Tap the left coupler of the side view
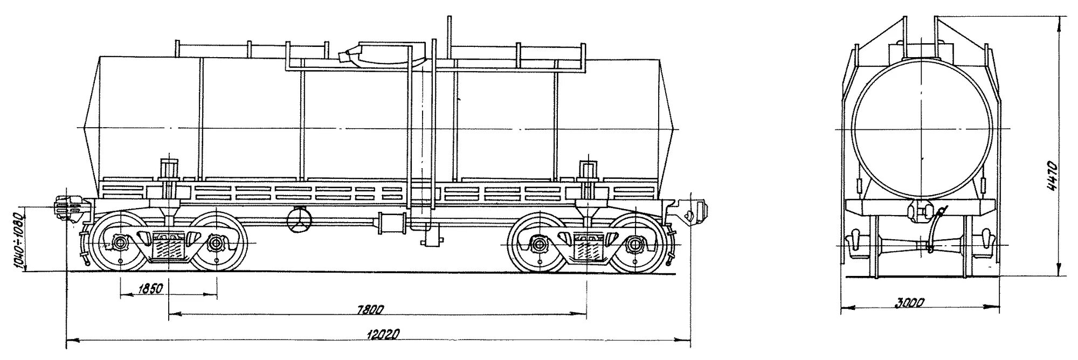point(66,207)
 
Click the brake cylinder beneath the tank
point(393,222)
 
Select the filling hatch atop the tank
point(377,54)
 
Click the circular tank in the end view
point(923,130)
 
